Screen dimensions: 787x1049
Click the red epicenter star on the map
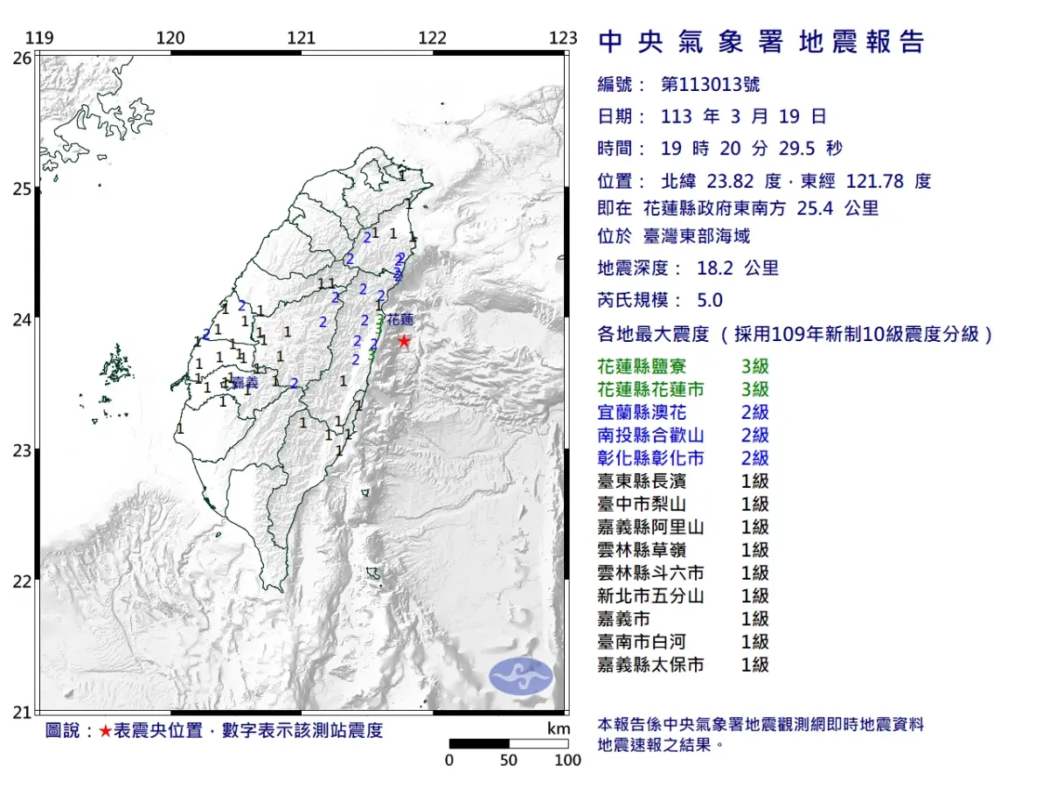[404, 341]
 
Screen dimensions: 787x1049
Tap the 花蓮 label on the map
[399, 319]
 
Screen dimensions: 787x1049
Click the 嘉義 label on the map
[246, 382]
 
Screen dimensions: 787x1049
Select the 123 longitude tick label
[564, 38]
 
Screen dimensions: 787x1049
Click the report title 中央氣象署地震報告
[761, 42]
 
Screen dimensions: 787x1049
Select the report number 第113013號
[710, 85]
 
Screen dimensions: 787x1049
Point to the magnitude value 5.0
[710, 300]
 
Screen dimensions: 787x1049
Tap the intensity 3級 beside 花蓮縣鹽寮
[754, 366]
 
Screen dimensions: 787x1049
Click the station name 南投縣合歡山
[650, 435]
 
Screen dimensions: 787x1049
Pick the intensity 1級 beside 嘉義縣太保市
[754, 665]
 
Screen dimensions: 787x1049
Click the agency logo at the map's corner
[520, 676]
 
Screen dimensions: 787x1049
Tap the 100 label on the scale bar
[567, 760]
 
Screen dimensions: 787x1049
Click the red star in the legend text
[105, 731]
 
